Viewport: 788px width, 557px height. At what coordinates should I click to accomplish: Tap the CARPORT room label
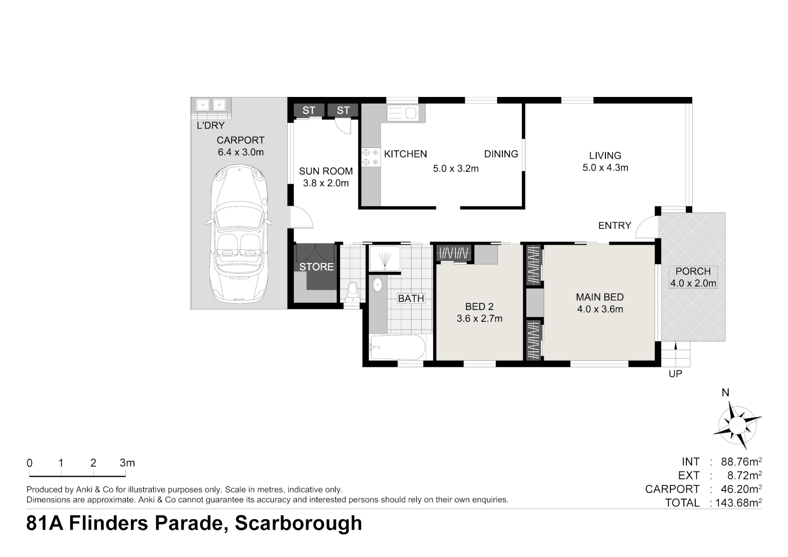[x=240, y=140]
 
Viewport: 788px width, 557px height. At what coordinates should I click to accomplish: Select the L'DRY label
[x=210, y=125]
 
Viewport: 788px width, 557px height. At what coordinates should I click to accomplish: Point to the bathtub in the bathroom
[x=397, y=347]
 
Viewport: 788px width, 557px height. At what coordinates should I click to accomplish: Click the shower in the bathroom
[x=384, y=257]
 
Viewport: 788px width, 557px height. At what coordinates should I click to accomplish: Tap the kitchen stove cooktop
[x=370, y=157]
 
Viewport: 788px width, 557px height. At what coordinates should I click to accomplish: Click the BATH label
[x=411, y=298]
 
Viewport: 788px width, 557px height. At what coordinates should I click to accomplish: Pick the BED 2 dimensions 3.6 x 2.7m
[x=479, y=319]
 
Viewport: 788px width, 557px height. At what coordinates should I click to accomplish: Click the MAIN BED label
[x=599, y=297]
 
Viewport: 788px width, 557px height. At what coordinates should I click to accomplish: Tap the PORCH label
[x=693, y=271]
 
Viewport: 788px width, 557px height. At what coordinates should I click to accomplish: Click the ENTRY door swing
[x=645, y=227]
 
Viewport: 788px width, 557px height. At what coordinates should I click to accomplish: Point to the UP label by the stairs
[x=675, y=374]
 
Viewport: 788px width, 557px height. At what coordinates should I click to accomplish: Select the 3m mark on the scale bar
[x=127, y=463]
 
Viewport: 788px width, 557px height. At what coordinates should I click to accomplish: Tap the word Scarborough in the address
[x=298, y=523]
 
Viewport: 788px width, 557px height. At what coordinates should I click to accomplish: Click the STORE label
[x=316, y=267]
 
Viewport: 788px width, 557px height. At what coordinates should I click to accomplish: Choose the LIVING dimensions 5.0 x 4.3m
[x=605, y=168]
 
